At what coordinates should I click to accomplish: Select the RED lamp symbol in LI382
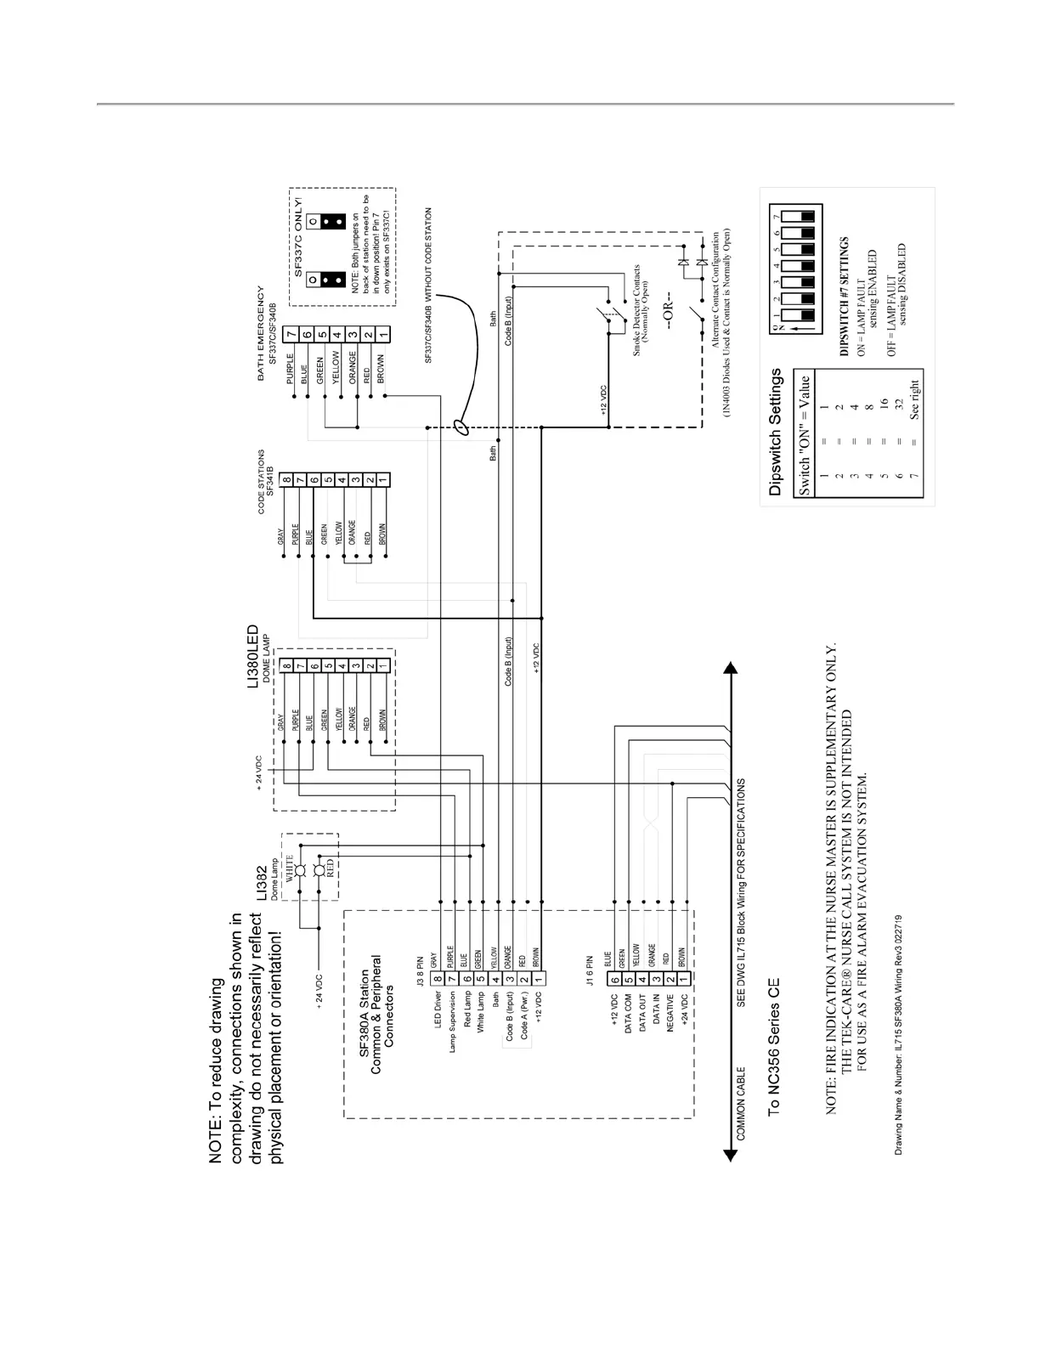click(319, 869)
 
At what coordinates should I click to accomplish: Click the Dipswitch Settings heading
click(775, 432)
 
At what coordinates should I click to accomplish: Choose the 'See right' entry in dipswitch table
click(915, 399)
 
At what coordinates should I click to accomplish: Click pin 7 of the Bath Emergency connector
click(291, 334)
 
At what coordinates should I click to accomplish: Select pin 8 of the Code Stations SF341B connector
click(287, 480)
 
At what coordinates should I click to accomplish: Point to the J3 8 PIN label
click(420, 972)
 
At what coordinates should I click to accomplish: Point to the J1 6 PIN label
click(590, 972)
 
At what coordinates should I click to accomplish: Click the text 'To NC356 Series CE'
click(773, 1046)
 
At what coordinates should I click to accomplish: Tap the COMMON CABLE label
click(741, 1104)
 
